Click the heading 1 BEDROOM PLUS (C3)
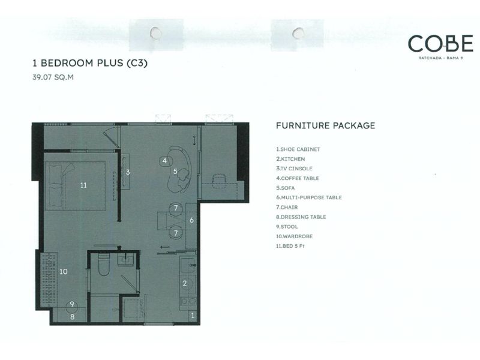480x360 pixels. click(x=90, y=63)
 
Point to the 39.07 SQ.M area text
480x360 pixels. click(x=53, y=77)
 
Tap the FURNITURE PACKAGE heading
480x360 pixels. click(x=325, y=125)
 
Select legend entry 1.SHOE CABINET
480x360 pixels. click(x=298, y=149)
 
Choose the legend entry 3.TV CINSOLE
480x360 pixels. click(x=294, y=169)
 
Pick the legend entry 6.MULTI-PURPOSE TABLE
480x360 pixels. click(x=309, y=198)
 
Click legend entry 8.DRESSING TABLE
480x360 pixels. click(x=301, y=217)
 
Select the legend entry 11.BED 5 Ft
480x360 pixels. click(x=290, y=246)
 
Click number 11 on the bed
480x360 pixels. click(x=83, y=185)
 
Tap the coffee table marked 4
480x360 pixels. click(x=164, y=161)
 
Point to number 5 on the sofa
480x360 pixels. click(x=175, y=172)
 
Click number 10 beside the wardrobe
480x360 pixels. click(x=64, y=272)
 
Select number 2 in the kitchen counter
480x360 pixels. click(x=185, y=283)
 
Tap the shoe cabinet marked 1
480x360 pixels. click(x=193, y=316)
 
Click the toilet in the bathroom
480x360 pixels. click(x=103, y=264)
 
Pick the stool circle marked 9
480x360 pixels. click(x=72, y=306)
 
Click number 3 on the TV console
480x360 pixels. click(x=128, y=172)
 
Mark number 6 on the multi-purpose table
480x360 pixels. click(x=191, y=220)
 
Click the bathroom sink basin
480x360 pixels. click(x=125, y=260)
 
